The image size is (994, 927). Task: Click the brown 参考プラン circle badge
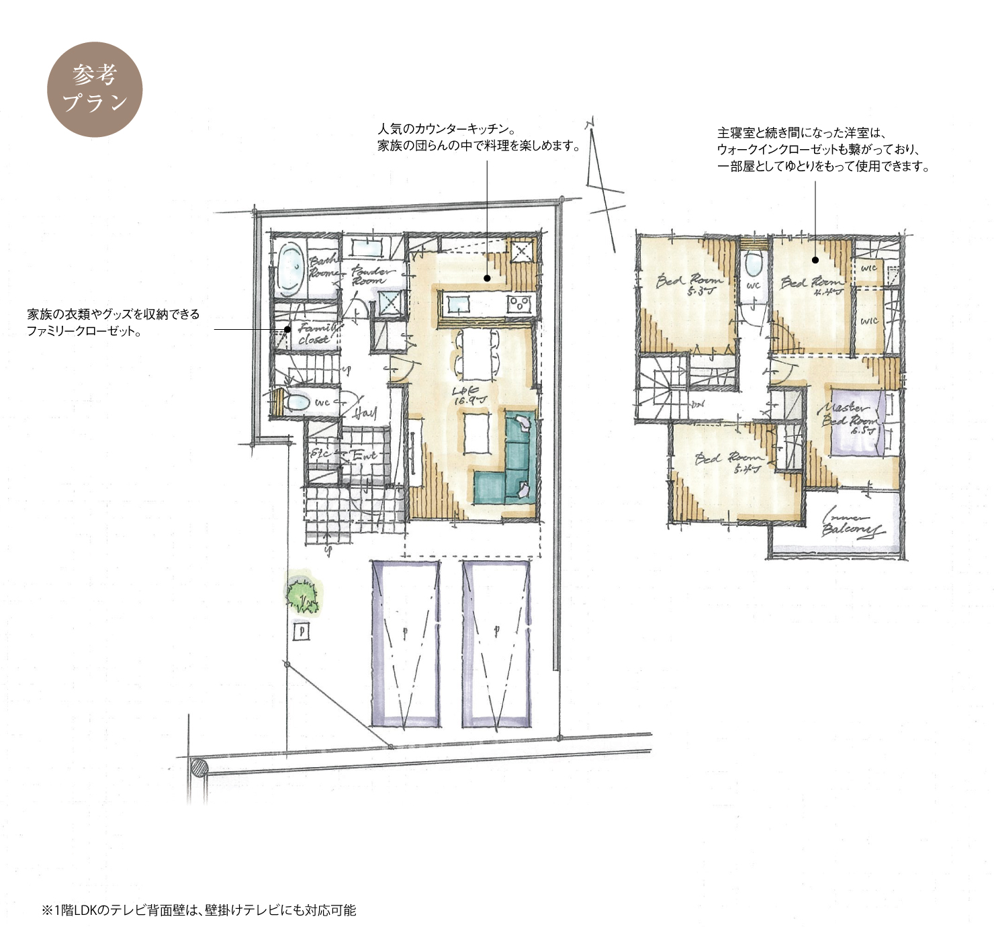coord(95,89)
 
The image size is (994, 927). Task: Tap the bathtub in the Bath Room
coord(289,269)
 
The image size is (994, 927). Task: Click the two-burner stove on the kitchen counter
coord(519,304)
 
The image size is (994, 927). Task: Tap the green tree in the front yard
coord(302,594)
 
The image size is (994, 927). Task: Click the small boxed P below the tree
coord(302,631)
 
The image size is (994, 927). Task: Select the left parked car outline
coord(406,644)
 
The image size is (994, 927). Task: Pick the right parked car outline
coord(496,644)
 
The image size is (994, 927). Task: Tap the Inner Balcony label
coord(850,525)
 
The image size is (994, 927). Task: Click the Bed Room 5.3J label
coord(689,284)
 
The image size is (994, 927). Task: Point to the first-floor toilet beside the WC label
coord(296,402)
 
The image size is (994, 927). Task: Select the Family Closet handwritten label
coord(316,333)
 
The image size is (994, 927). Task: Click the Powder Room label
coord(371,275)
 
